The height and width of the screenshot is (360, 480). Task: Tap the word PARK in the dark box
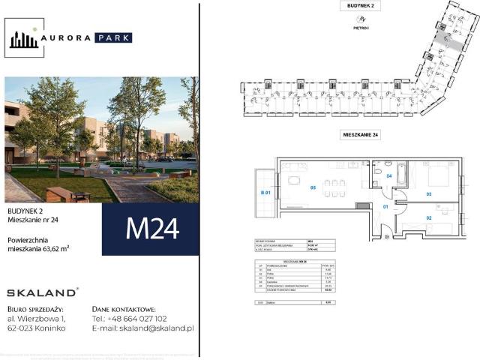click(114, 37)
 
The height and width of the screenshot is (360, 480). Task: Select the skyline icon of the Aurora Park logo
click(24, 37)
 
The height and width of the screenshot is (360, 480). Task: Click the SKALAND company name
click(41, 292)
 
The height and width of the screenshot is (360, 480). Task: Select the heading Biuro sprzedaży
click(36, 308)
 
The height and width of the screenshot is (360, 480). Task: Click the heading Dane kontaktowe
click(123, 308)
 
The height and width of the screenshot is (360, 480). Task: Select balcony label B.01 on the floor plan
click(265, 193)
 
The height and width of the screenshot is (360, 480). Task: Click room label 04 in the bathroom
click(389, 176)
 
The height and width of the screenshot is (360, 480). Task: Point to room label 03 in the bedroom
click(429, 193)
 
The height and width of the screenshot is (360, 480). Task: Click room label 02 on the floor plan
click(429, 217)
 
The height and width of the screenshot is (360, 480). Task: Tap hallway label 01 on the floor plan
click(386, 205)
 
